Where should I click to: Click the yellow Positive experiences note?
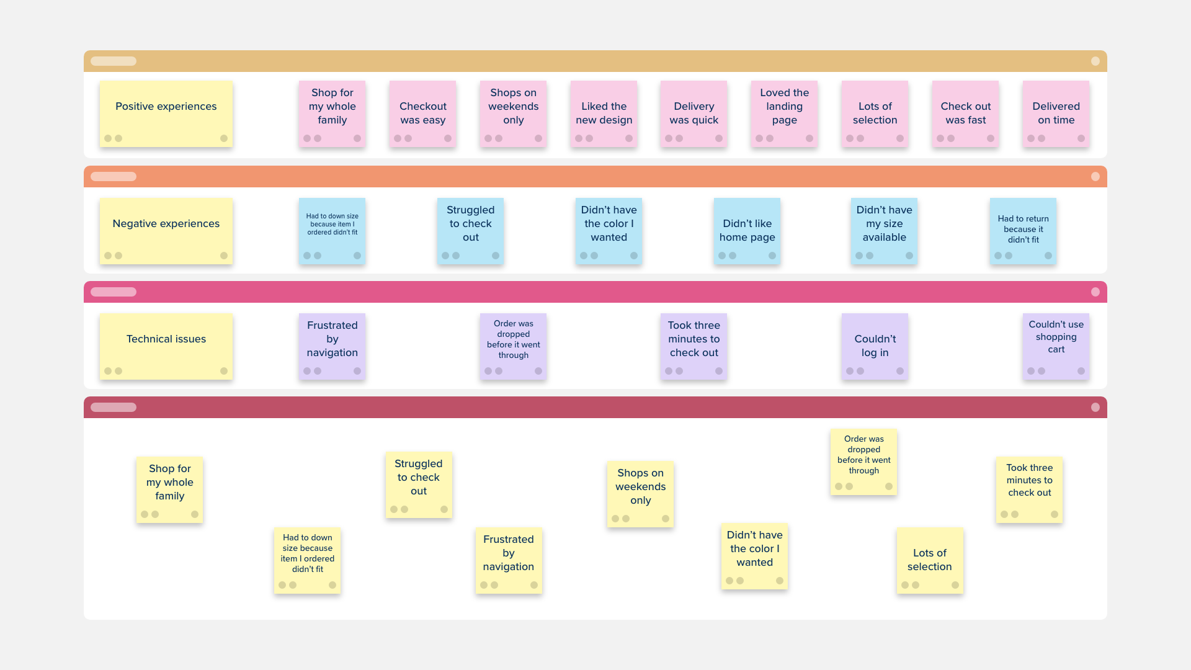tap(166, 114)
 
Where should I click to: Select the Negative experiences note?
tap(166, 231)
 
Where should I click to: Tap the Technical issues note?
tap(166, 346)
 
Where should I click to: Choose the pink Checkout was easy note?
tap(422, 114)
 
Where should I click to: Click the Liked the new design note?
tap(604, 114)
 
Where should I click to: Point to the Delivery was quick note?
tap(694, 114)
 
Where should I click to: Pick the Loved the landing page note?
tap(784, 114)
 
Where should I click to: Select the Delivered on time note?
tap(1056, 114)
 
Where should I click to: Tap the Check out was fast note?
tap(965, 114)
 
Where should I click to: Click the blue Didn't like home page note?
tap(747, 231)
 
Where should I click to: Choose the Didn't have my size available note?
tap(884, 231)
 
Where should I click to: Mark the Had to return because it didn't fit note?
tap(1023, 231)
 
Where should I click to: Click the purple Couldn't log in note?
tap(875, 346)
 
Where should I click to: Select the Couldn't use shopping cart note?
tap(1056, 346)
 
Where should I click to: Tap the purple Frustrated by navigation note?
tap(332, 346)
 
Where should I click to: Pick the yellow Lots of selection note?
tap(929, 560)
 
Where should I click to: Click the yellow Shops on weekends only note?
tap(640, 494)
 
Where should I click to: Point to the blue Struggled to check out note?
tap(470, 231)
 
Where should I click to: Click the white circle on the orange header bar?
tap(1095, 177)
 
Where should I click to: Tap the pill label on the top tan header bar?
tap(114, 61)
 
